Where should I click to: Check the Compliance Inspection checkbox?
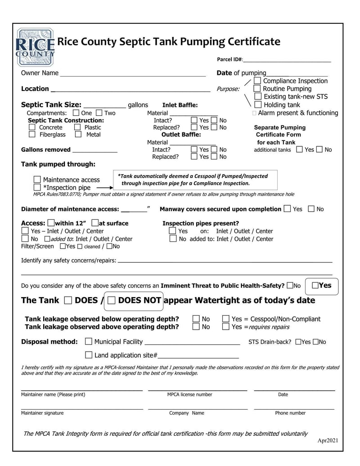tap(257, 81)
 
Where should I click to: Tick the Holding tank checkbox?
tap(258, 104)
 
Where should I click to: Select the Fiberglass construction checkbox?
tap(32, 134)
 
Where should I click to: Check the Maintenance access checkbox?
tap(37, 180)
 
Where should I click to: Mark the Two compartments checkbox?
tap(99, 113)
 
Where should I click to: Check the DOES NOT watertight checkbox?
tap(112, 300)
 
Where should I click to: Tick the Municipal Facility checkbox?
tap(89, 342)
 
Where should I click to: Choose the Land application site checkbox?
tap(89, 355)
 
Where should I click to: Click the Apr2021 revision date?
tap(328, 440)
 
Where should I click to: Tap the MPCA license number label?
tap(189, 394)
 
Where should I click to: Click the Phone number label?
tap(290, 413)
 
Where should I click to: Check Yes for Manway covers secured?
tap(288, 209)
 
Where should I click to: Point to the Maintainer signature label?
tap(42, 413)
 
